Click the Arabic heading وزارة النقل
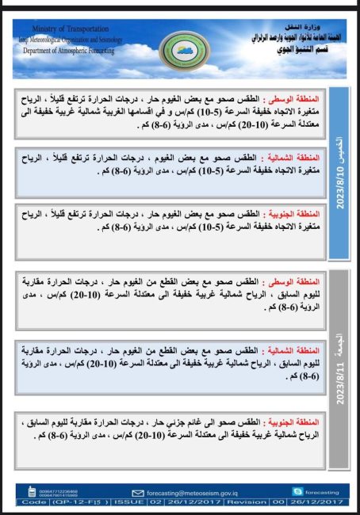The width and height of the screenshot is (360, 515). [321, 25]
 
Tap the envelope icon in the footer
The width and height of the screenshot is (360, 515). [138, 492]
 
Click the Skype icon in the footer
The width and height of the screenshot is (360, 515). [297, 492]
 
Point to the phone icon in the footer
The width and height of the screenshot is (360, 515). [23, 492]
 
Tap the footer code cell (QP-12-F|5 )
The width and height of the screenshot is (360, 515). [72, 502]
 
